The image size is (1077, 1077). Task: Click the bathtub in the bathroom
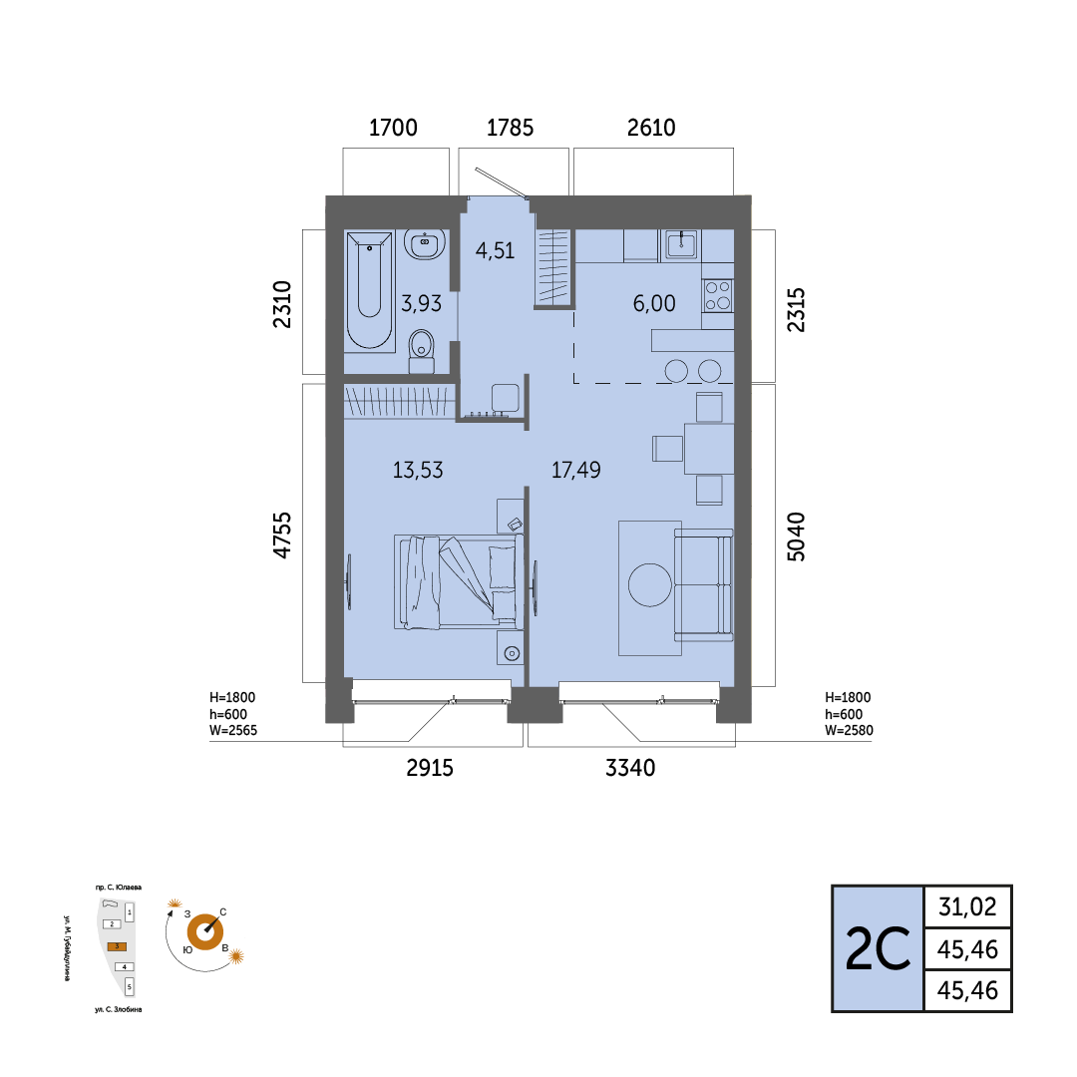click(370, 291)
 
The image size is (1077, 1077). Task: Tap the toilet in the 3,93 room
click(422, 351)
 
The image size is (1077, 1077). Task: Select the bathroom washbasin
click(425, 244)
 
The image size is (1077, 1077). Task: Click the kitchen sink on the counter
click(681, 244)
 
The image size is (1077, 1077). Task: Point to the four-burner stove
click(718, 296)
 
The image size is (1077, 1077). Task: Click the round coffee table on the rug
click(650, 584)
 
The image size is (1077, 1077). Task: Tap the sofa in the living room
click(704, 584)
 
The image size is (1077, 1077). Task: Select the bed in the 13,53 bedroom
click(456, 582)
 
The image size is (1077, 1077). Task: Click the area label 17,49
click(575, 470)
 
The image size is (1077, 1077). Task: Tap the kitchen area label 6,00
click(654, 303)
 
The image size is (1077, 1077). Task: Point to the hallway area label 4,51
click(495, 250)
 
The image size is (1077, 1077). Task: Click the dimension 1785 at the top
click(510, 128)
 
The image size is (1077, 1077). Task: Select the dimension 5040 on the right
click(796, 537)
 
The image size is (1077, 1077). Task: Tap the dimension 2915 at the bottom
click(430, 768)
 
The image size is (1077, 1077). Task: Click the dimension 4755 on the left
click(282, 536)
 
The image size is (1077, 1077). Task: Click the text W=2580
click(849, 731)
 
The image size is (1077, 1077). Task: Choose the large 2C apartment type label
click(878, 949)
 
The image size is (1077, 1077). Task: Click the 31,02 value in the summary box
click(967, 907)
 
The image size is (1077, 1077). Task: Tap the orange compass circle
click(205, 932)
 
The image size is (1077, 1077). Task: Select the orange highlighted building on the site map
click(117, 946)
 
